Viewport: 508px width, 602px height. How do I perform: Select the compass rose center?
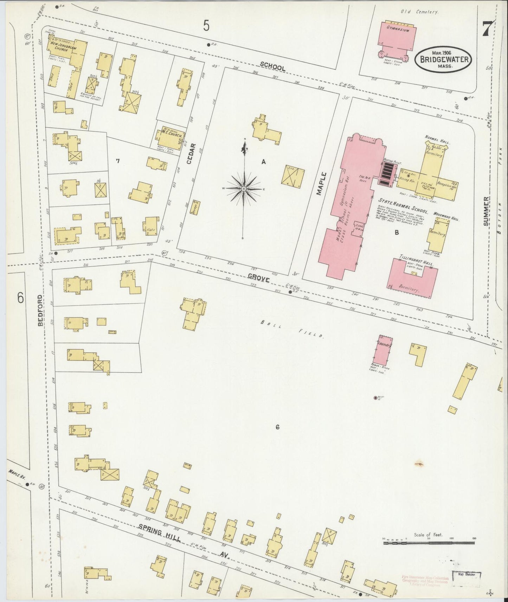tap(244, 189)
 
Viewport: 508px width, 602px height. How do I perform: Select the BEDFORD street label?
tap(40, 310)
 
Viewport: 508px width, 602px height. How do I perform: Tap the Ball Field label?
tap(292, 329)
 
